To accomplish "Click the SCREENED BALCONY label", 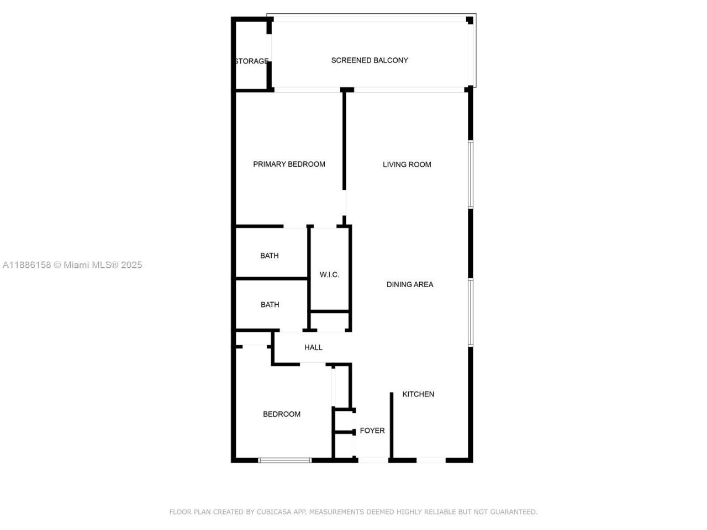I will [370, 60].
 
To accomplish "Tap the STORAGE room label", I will [252, 61].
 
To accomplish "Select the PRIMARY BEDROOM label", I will [289, 164].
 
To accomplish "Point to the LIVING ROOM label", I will [407, 165].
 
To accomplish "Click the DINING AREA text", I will [410, 284].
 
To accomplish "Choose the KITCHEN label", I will [418, 394].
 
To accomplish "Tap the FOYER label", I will [372, 431].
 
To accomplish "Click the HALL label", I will [313, 347].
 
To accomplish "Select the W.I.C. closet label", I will [329, 275].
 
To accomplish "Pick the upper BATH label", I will [270, 256].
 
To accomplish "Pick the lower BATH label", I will [270, 305].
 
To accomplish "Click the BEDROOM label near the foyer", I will [282, 414].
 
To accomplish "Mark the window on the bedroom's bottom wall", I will [285, 460].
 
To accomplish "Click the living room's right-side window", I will [471, 174].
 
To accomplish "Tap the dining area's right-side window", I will [471, 312].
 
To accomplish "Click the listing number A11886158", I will [27, 265].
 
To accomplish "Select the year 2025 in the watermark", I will [131, 265].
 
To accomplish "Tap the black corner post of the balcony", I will [470, 20].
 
